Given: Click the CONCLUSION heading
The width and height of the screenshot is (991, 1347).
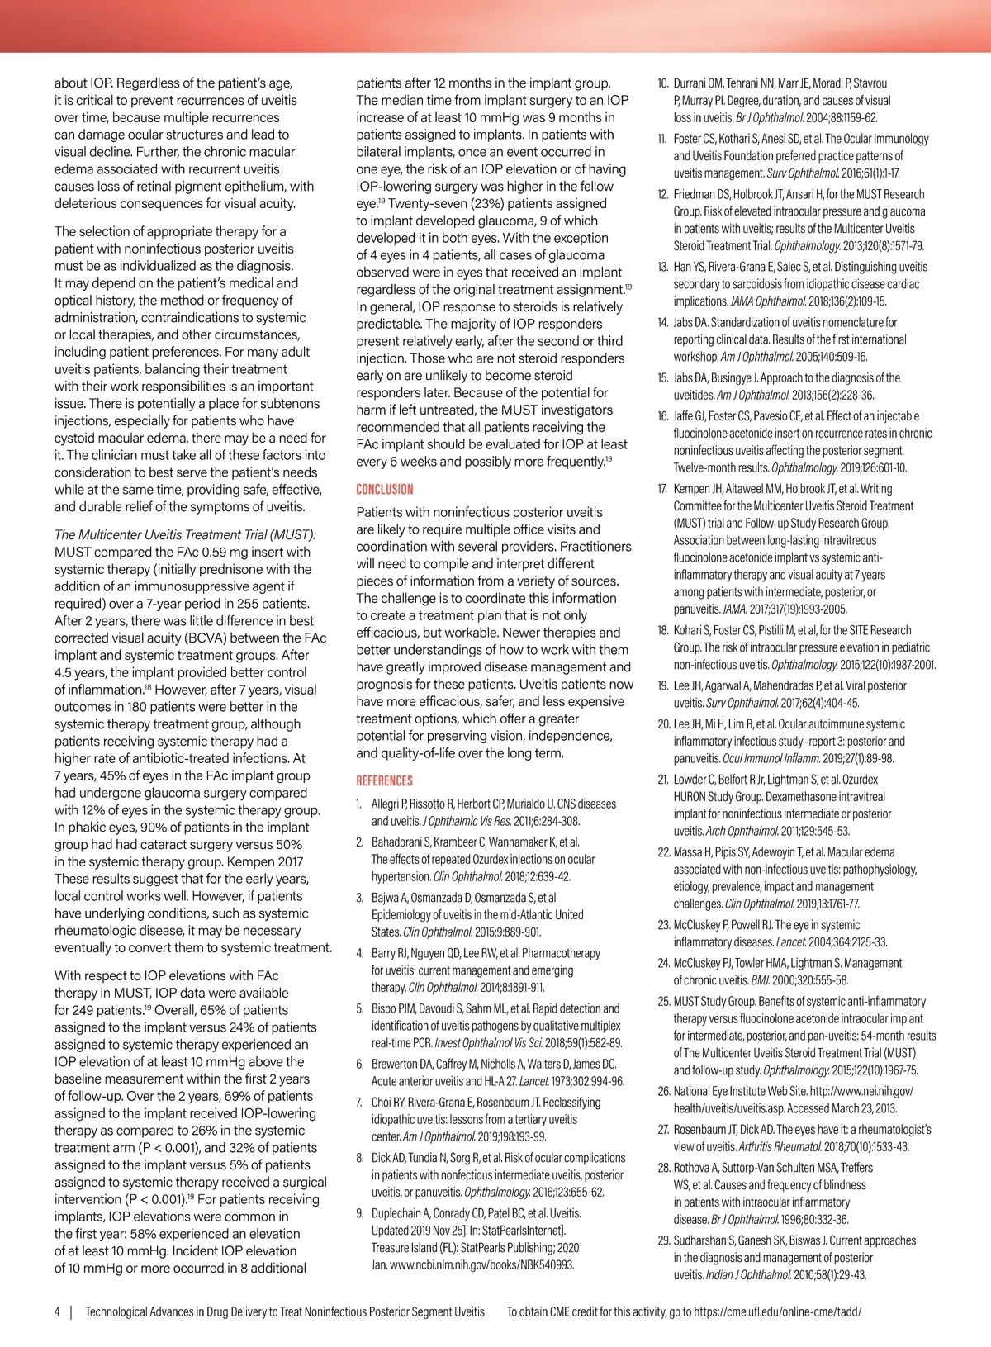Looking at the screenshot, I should pos(384,489).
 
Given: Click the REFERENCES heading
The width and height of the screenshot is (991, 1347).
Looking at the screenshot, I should pos(384,780).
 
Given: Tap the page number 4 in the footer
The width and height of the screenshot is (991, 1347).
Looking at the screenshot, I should pos(57,1311).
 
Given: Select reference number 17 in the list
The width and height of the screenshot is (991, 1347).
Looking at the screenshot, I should pos(662,489).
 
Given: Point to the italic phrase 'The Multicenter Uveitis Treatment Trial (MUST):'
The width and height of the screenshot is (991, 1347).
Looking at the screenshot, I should pos(185,534).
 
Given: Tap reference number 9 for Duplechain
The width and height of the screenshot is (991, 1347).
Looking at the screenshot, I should pos(359,1213).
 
